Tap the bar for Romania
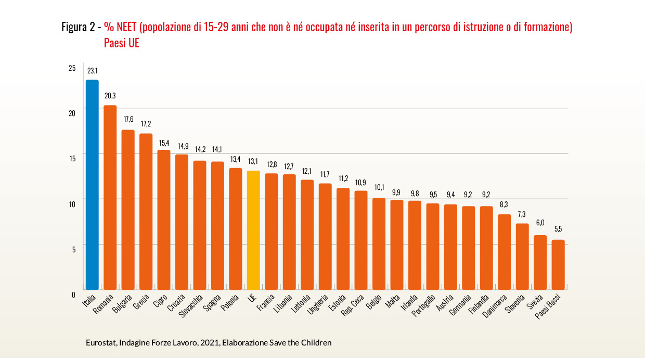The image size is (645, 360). (x=110, y=198)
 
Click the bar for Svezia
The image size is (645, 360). (x=540, y=262)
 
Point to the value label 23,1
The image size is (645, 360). (x=93, y=71)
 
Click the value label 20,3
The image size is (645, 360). (x=110, y=96)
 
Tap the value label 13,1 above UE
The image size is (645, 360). (x=253, y=161)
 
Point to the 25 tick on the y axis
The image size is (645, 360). (x=72, y=68)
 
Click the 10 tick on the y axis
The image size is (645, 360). (x=72, y=203)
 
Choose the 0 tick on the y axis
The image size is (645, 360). (x=73, y=294)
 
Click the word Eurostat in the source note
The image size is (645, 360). (x=101, y=343)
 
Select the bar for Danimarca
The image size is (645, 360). (x=505, y=252)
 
